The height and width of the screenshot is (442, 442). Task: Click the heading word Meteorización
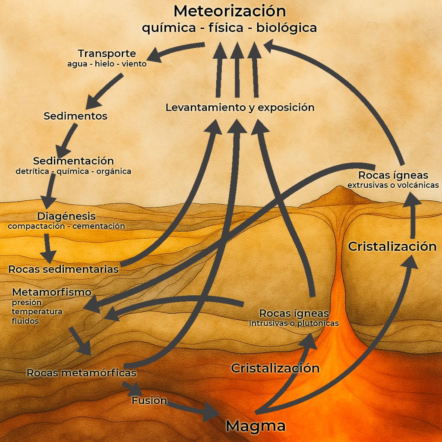coord(230,11)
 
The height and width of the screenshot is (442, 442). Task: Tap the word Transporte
coord(107,54)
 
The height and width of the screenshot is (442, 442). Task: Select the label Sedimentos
coord(76,116)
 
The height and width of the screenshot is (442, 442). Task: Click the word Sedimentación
coord(73,161)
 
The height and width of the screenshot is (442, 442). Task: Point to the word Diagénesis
coord(66,216)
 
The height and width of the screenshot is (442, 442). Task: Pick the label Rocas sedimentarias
coord(63,269)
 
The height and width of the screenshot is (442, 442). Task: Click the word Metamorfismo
coord(52,292)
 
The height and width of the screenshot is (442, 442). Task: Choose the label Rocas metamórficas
coord(82,373)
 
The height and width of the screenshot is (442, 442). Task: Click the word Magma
coord(256,426)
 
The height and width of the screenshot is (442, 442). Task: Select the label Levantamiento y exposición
coord(240,107)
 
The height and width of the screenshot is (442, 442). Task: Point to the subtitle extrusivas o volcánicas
coord(393,185)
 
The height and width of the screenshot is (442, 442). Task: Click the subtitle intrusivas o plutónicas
coord(294,323)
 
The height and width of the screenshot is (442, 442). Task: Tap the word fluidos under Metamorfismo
coord(25,321)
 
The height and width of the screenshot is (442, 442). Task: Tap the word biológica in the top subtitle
coord(287,28)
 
